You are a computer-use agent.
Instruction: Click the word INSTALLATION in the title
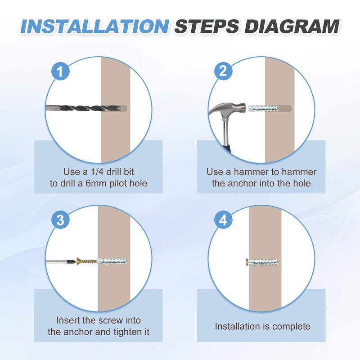coord(95,27)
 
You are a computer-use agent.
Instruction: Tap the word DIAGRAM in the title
coord(292,27)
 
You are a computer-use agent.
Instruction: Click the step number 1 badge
coord(60,71)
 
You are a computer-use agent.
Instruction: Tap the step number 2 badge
coord(223,71)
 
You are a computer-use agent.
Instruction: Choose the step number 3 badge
coord(60,220)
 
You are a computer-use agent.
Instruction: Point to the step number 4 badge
coord(223,220)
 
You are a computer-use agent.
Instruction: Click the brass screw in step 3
coord(87,261)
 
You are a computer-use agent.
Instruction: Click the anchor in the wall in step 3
coord(112,261)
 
